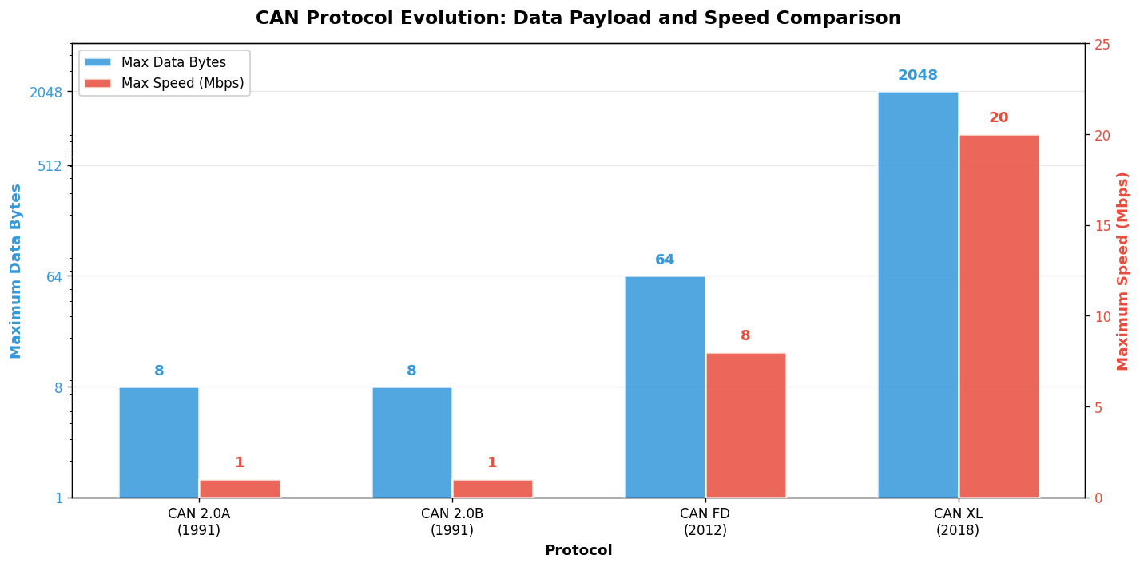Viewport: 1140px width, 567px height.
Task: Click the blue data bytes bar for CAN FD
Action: [665, 387]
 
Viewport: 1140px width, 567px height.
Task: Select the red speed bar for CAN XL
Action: [999, 316]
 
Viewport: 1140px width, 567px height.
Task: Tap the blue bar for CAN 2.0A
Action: [159, 442]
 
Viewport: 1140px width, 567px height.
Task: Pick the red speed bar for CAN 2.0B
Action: [492, 489]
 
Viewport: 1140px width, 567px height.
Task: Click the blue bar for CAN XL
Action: [918, 295]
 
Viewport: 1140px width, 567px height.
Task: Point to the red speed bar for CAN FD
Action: [745, 425]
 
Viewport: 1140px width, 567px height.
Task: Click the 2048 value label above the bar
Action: [918, 76]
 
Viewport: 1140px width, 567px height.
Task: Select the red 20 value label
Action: [999, 118]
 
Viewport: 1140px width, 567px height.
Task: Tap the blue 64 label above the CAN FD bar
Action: [665, 260]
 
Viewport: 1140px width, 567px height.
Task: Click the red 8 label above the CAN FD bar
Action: [745, 336]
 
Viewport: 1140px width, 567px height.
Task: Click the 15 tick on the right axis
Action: [1102, 225]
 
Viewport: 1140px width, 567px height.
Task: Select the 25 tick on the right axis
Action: [1102, 44]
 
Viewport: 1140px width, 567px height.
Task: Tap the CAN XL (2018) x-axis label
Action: [958, 521]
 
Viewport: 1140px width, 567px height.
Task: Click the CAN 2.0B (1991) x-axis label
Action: [452, 521]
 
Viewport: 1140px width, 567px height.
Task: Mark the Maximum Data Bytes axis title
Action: [16, 271]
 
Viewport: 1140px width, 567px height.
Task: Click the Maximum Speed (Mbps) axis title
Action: [1123, 271]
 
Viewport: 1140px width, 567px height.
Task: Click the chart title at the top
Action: [578, 18]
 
